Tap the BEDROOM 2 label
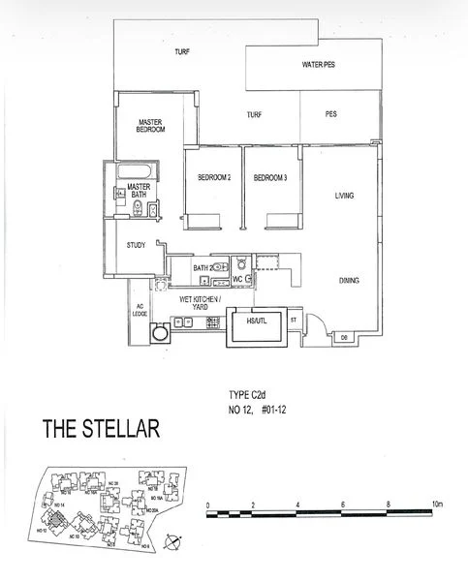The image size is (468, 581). pyautogui.click(x=213, y=178)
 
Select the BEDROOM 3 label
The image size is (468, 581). pyautogui.click(x=269, y=178)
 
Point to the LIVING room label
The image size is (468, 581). pyautogui.click(x=344, y=196)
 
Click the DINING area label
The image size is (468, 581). pyautogui.click(x=349, y=281)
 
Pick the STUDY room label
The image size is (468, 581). pyautogui.click(x=136, y=245)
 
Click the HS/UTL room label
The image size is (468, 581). pyautogui.click(x=257, y=321)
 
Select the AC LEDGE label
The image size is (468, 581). pyautogui.click(x=139, y=312)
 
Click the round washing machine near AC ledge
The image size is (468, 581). pyautogui.click(x=160, y=332)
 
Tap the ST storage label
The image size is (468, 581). pyautogui.click(x=293, y=317)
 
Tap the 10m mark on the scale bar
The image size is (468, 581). pyautogui.click(x=437, y=505)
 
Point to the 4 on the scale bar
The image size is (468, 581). pyautogui.click(x=299, y=505)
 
